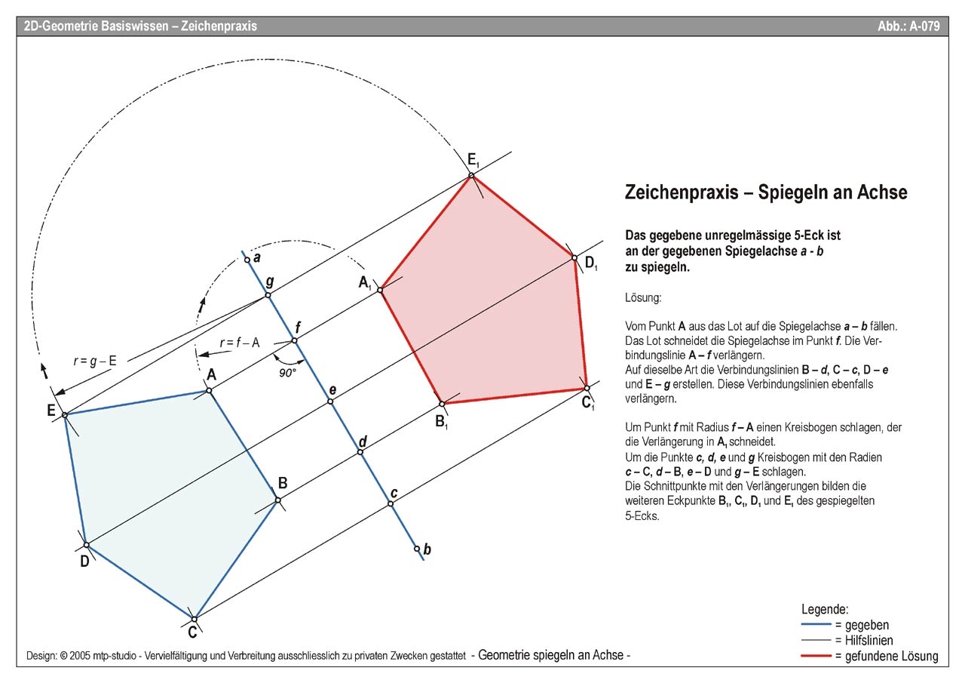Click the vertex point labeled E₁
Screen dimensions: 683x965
click(471, 176)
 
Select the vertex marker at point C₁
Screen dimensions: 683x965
click(587, 388)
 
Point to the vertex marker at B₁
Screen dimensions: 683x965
click(443, 404)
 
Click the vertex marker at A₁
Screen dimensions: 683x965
click(381, 289)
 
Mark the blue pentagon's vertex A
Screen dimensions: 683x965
click(209, 390)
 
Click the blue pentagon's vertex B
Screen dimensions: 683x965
click(277, 500)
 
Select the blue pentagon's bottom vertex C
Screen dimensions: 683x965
click(195, 617)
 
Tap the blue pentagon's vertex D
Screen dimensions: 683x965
click(86, 544)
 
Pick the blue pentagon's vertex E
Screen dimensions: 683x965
click(65, 414)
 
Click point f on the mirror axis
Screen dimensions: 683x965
click(295, 341)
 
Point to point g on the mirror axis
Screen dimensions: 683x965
click(268, 294)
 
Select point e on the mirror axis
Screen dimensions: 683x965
click(329, 401)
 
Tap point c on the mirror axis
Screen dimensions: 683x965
click(391, 503)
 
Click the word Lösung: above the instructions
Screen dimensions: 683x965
click(643, 298)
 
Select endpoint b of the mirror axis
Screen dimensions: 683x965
click(417, 549)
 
